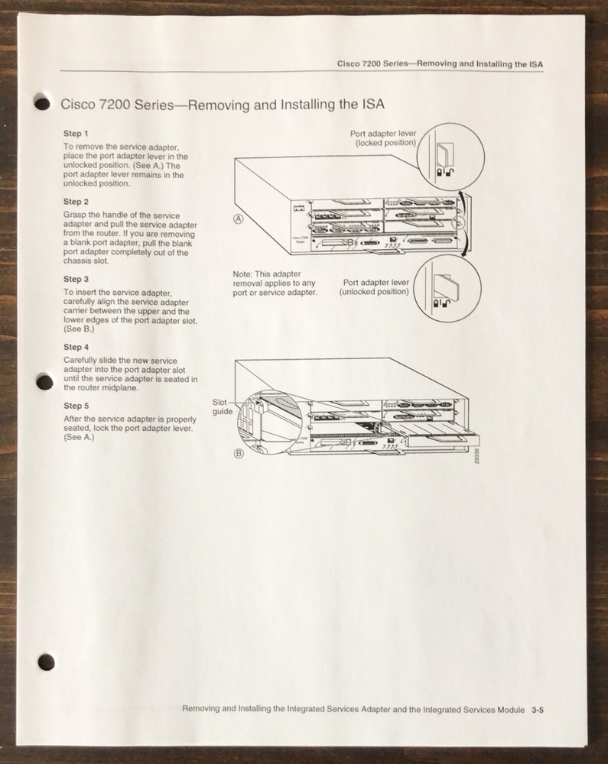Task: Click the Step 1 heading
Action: (x=76, y=134)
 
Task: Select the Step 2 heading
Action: (x=76, y=202)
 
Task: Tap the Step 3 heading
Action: (x=76, y=280)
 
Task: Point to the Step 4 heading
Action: (x=76, y=347)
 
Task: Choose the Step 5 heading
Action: (x=76, y=406)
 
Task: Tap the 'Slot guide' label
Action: (x=223, y=406)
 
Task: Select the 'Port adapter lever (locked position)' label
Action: (x=383, y=138)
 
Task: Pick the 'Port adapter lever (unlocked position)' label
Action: (x=376, y=286)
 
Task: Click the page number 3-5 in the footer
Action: (x=537, y=709)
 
